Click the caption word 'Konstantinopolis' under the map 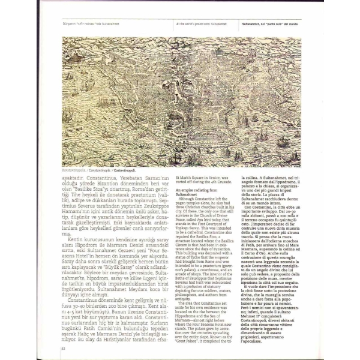74,170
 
